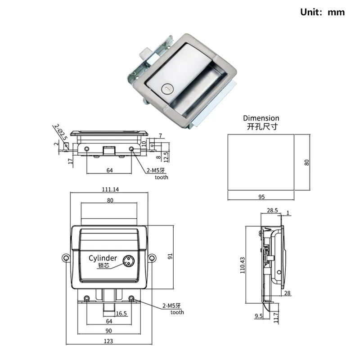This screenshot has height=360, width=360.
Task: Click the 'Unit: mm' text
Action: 322,12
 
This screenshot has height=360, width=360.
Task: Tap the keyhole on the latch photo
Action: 167,89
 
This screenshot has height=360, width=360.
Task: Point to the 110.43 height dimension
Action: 243,265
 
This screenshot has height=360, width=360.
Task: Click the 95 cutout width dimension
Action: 261,197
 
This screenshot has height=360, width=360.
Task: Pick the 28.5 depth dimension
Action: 272,210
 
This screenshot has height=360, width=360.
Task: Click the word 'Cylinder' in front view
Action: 103,258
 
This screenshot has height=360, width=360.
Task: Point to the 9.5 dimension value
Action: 258,316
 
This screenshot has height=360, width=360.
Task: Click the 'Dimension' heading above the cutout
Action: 261,118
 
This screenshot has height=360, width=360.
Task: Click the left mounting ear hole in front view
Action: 66,258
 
